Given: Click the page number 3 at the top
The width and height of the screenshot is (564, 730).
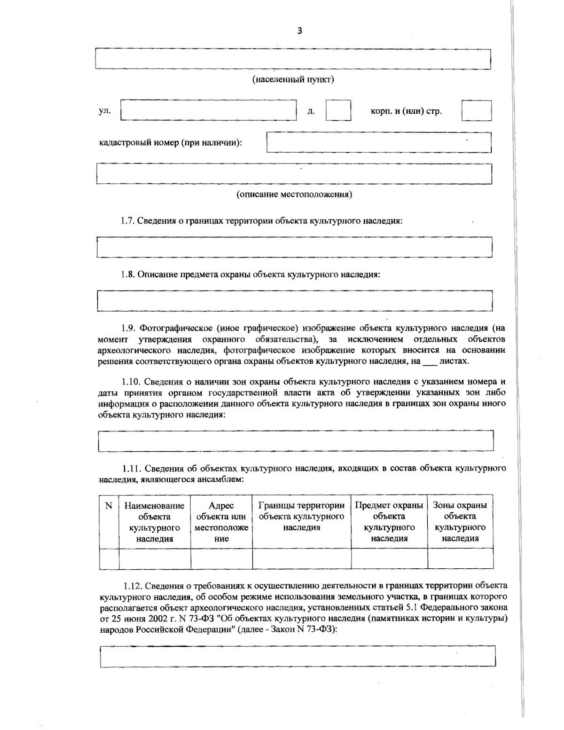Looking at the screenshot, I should coord(300,31).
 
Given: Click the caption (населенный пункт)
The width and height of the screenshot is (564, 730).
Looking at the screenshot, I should coord(293,79).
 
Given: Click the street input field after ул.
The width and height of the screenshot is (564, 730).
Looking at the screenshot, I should coord(209,111).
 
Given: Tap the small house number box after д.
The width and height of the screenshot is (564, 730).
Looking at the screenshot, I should coord(338,111).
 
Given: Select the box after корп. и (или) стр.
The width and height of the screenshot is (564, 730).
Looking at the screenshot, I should coord(476,111).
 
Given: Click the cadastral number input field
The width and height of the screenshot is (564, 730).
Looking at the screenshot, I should coord(378,142).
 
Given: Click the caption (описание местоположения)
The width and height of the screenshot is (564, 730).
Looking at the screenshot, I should coord(294,194).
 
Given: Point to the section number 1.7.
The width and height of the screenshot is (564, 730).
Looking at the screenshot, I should coord(128,221).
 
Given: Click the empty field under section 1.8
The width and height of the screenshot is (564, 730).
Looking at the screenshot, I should coord(294,301).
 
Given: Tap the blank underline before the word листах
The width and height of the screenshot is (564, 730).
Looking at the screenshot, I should coord(430,361).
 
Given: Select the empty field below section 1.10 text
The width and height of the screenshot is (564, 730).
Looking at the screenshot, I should coord(296,441).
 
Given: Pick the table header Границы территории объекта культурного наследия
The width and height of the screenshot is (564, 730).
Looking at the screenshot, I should coord(302,516).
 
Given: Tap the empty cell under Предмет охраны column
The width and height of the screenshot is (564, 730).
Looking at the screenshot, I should coord(389,558).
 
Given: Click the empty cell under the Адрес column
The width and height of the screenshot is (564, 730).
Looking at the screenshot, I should coord(221,558).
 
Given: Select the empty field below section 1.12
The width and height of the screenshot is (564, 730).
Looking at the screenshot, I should coord(298,656).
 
